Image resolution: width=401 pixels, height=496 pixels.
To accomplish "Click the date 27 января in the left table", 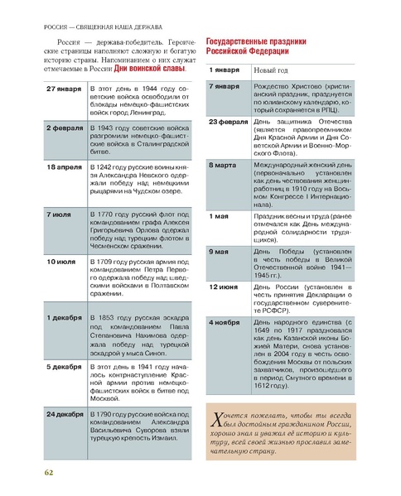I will (64, 88).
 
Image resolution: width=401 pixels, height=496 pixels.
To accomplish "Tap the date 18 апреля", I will (64, 167).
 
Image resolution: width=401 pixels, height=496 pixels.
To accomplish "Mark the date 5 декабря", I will (64, 365).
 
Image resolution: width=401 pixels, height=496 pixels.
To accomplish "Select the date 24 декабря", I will (64, 412).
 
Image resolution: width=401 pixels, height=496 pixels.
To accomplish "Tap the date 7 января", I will (225, 86).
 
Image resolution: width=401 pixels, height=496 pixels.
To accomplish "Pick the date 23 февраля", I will (228, 122).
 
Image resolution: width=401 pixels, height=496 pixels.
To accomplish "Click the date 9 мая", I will (220, 251).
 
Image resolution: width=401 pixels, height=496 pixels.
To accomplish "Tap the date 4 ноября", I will (225, 322).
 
